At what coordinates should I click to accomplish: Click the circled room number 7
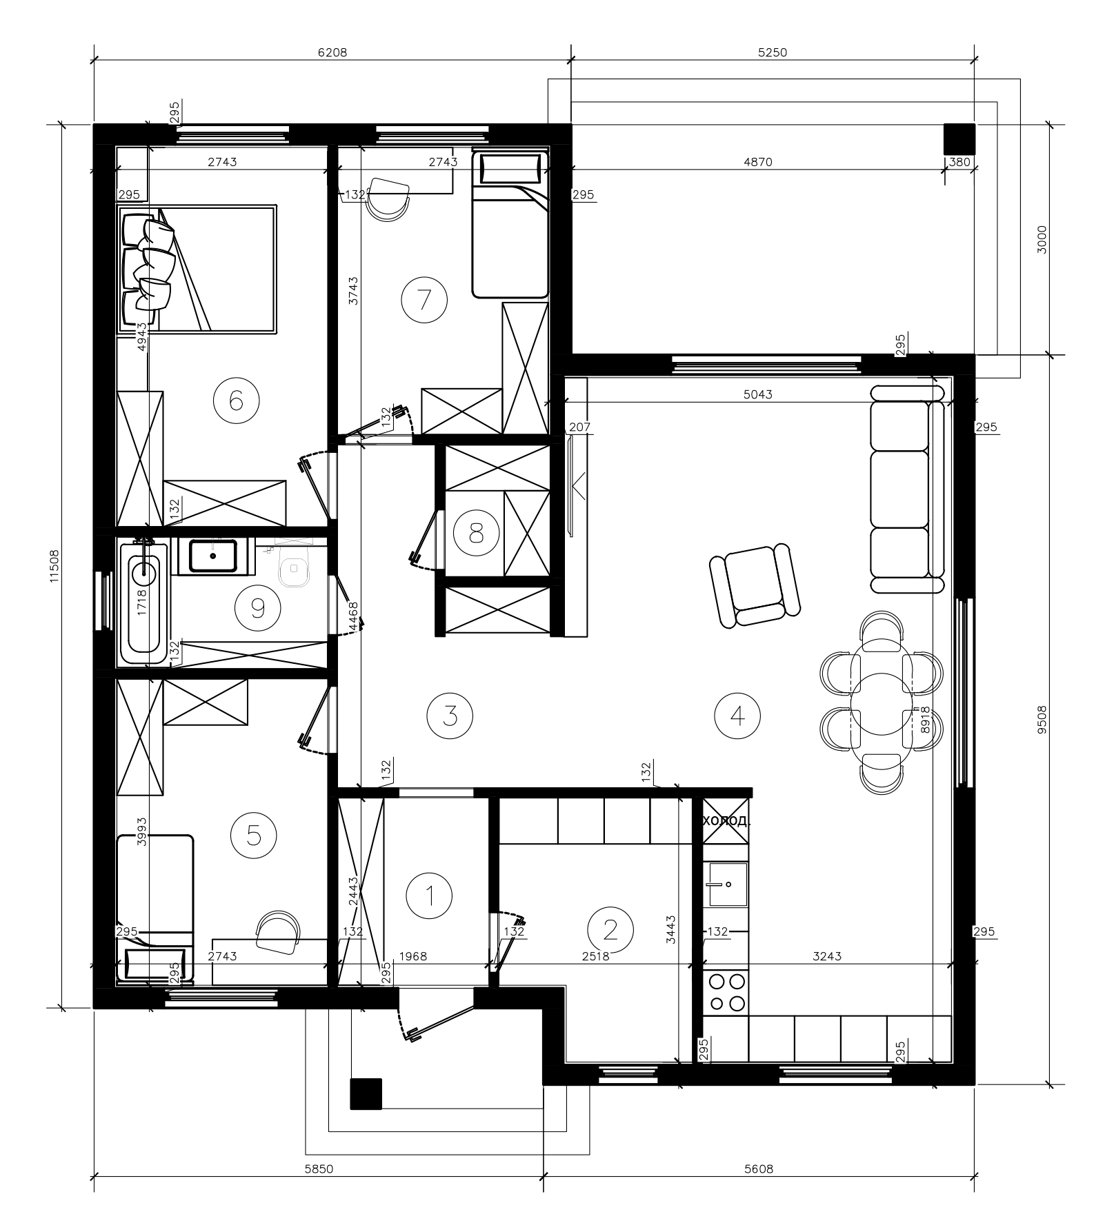[424, 299]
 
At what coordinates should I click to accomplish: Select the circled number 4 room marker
[738, 716]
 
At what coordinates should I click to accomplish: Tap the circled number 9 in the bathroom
[258, 607]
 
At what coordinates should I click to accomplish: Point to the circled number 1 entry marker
[430, 896]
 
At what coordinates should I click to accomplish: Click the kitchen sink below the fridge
[726, 884]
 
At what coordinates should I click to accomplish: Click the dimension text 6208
[332, 52]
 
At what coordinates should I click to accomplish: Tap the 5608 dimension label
[759, 1169]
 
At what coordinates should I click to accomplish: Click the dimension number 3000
[1042, 239]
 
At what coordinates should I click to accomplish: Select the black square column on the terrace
[959, 139]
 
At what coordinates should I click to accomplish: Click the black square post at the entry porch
[366, 1094]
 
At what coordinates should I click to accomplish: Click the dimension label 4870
[759, 163]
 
